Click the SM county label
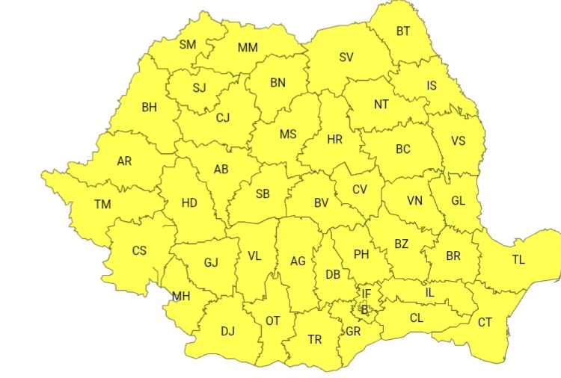click(x=188, y=45)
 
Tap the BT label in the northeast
click(x=403, y=31)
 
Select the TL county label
click(x=518, y=260)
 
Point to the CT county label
click(x=485, y=323)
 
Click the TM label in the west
click(x=102, y=204)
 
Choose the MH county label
click(x=181, y=297)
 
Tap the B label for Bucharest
click(x=364, y=309)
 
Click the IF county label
click(x=367, y=294)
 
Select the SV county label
click(x=346, y=57)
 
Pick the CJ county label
click(x=223, y=117)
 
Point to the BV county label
click(x=321, y=202)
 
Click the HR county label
click(x=334, y=139)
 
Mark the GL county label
click(x=459, y=200)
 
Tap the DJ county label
click(x=227, y=330)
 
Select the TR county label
click(x=315, y=340)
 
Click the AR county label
click(x=124, y=161)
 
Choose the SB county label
click(x=263, y=194)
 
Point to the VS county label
click(x=458, y=140)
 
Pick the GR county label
click(x=354, y=331)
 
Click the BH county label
click(x=149, y=107)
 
